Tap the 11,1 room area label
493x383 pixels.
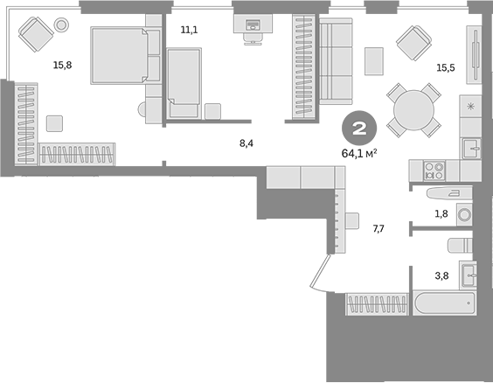click(189, 31)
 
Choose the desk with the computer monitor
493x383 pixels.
click(252, 27)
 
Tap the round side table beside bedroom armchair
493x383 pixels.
click(61, 25)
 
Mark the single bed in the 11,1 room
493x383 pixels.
click(184, 81)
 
